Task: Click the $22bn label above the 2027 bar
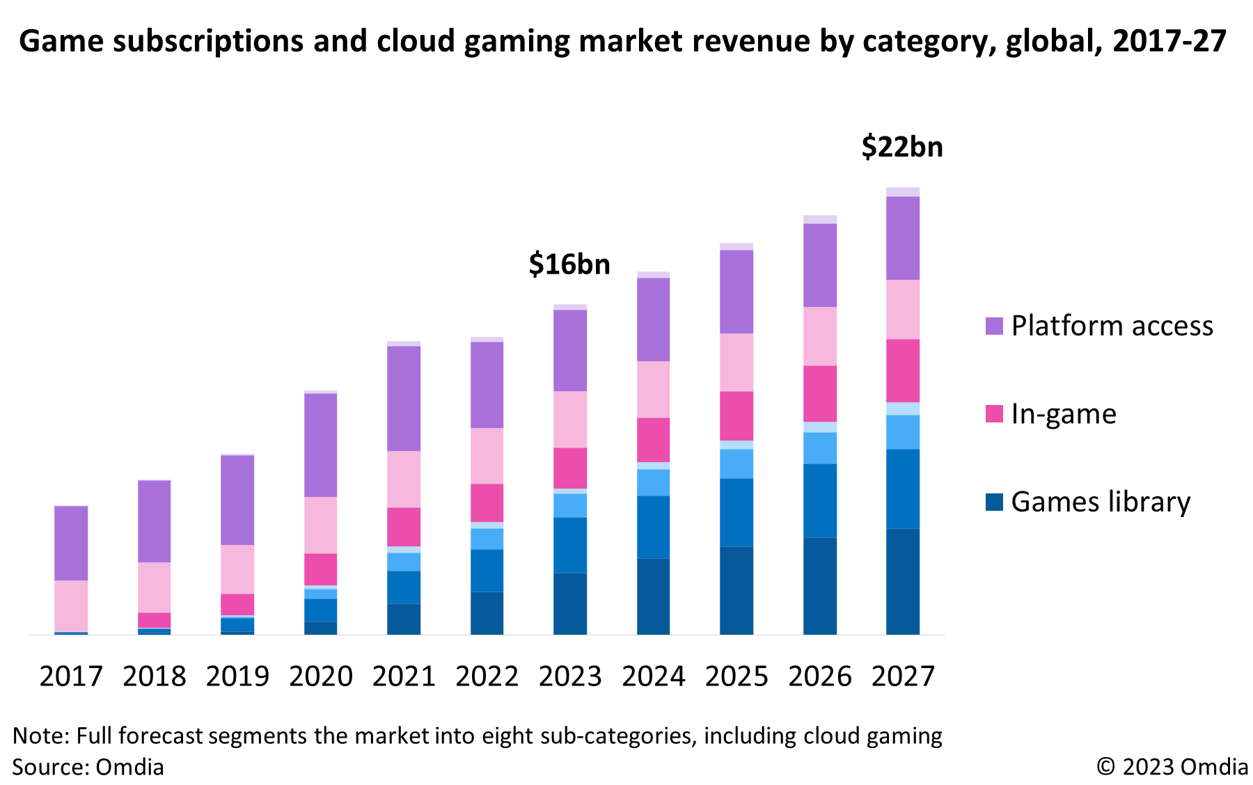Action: tap(902, 148)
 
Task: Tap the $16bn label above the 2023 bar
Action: tap(569, 264)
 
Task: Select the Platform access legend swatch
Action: tap(994, 326)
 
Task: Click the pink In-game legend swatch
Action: tap(994, 414)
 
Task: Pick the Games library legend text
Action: tap(1101, 502)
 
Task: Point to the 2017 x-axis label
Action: tap(71, 676)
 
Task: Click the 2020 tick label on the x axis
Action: tap(321, 676)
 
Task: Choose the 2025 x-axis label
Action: tap(736, 676)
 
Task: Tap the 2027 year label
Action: tap(903, 676)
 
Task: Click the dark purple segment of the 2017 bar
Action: tap(71, 543)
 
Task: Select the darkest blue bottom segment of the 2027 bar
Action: tap(903, 581)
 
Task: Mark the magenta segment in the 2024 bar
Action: tap(653, 440)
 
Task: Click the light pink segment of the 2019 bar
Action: tap(237, 569)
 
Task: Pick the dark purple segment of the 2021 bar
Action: tap(404, 398)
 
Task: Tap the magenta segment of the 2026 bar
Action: tap(820, 393)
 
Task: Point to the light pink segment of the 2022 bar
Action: tap(487, 456)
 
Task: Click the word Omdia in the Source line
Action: tap(129, 767)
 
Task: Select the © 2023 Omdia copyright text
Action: tap(1172, 767)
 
